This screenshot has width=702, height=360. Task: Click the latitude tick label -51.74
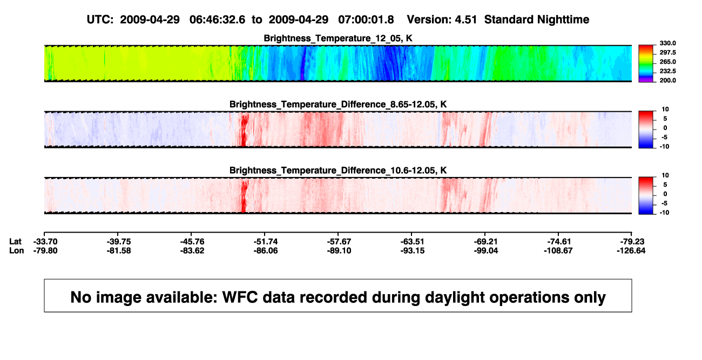(x=266, y=242)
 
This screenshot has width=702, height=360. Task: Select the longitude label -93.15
(x=413, y=250)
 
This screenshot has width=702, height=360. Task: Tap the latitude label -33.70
(x=45, y=242)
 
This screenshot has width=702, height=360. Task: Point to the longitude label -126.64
(x=631, y=250)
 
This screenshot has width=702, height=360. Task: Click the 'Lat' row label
(x=15, y=242)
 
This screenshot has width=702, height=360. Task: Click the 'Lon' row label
(x=16, y=250)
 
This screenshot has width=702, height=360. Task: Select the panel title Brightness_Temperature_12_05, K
(x=338, y=38)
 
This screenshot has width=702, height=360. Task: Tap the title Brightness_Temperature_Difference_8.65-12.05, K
(x=338, y=104)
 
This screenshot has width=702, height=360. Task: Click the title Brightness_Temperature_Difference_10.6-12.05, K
(x=338, y=171)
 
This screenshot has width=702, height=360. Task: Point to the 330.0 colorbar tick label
(x=667, y=43)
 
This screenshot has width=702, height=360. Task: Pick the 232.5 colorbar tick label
(x=667, y=71)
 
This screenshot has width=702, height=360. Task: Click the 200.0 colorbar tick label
(x=667, y=80)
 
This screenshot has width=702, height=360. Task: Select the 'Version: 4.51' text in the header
(x=442, y=20)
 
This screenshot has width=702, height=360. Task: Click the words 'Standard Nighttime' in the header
(x=537, y=20)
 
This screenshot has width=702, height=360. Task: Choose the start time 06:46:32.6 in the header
(x=217, y=20)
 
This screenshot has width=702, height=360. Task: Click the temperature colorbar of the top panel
(x=646, y=64)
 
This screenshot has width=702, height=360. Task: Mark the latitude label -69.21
(x=486, y=242)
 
